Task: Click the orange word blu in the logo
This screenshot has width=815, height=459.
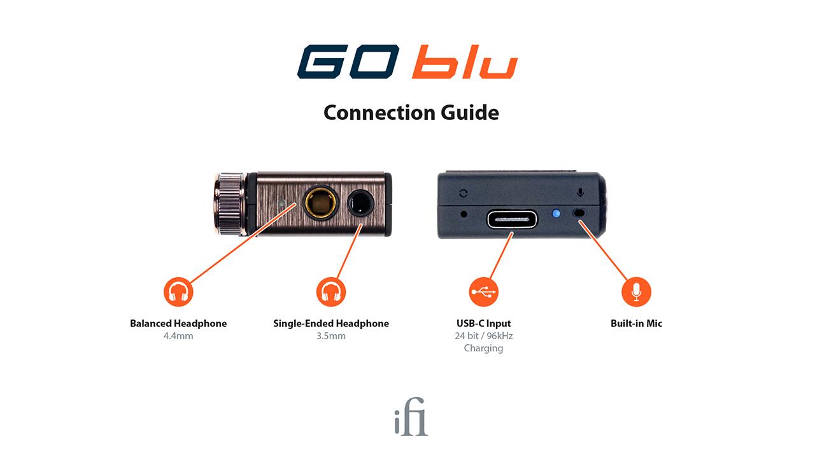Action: pyautogui.click(x=464, y=62)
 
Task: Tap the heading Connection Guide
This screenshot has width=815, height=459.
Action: pyautogui.click(x=411, y=112)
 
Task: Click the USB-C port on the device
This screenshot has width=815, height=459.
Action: pyautogui.click(x=513, y=219)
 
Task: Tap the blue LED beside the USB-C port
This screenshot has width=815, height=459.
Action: pyautogui.click(x=556, y=214)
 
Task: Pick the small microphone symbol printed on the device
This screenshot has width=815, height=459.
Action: pyautogui.click(x=580, y=192)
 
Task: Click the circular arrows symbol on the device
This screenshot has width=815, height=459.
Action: pyautogui.click(x=463, y=193)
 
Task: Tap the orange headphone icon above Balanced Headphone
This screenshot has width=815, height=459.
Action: pyautogui.click(x=178, y=292)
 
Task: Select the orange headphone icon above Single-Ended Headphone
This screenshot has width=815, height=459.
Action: pyautogui.click(x=331, y=292)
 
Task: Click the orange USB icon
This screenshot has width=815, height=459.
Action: pyautogui.click(x=484, y=292)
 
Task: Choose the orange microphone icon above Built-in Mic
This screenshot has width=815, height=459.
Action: pyautogui.click(x=636, y=292)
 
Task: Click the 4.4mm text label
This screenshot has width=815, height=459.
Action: pyautogui.click(x=178, y=336)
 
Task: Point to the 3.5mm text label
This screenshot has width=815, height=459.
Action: pyautogui.click(x=331, y=336)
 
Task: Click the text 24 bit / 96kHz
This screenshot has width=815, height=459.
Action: pyautogui.click(x=484, y=336)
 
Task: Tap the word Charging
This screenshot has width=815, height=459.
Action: pyautogui.click(x=484, y=348)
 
